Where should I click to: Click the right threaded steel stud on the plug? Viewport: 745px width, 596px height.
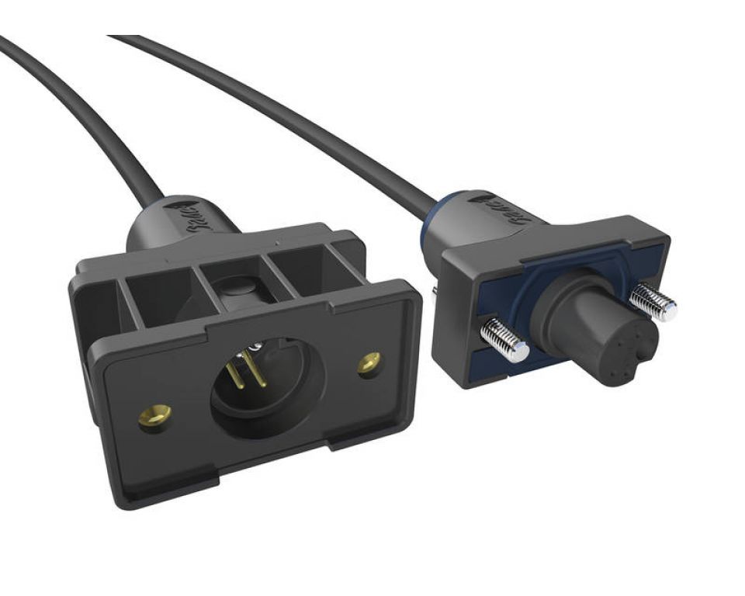coord(653,301)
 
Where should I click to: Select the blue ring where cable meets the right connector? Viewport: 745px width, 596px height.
coord(452,208)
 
